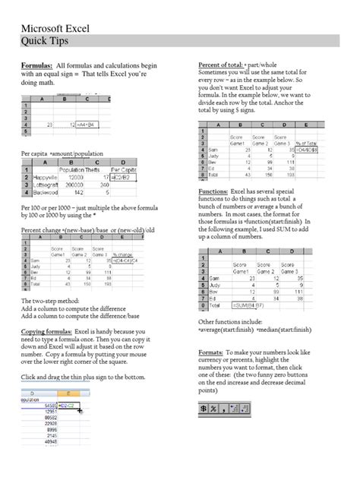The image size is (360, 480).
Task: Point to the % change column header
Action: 123,254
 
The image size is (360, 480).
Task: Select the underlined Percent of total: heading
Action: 227,65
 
